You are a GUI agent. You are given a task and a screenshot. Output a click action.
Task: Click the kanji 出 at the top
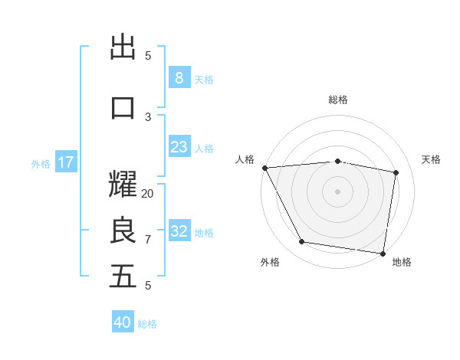123,47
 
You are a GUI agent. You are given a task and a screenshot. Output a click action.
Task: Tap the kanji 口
123,107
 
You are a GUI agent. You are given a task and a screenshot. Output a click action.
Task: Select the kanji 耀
123,185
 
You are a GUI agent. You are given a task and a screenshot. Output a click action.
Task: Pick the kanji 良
123,230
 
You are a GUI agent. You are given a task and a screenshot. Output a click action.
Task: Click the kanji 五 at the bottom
123,277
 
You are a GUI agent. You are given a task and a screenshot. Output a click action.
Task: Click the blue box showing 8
179,77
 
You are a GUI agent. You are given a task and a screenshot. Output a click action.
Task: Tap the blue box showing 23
179,147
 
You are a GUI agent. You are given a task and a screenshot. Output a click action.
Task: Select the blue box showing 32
179,231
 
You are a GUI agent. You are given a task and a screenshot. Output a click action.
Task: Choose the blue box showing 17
65,162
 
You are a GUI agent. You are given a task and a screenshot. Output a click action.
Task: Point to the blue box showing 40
123,322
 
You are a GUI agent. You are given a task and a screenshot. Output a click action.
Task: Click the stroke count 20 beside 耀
148,194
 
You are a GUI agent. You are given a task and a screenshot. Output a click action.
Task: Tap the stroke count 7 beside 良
148,240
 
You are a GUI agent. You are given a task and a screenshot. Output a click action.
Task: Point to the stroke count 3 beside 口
148,116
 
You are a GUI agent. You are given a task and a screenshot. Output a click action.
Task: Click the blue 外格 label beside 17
41,163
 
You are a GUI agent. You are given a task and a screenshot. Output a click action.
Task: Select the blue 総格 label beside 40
147,324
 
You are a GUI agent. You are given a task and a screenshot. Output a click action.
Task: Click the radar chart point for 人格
264,168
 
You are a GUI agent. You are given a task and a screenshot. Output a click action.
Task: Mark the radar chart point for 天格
396,172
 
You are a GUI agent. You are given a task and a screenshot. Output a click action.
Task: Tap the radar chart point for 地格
383,253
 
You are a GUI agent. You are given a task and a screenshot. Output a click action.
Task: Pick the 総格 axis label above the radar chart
337,100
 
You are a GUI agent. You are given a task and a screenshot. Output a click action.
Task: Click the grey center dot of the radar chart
337,191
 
